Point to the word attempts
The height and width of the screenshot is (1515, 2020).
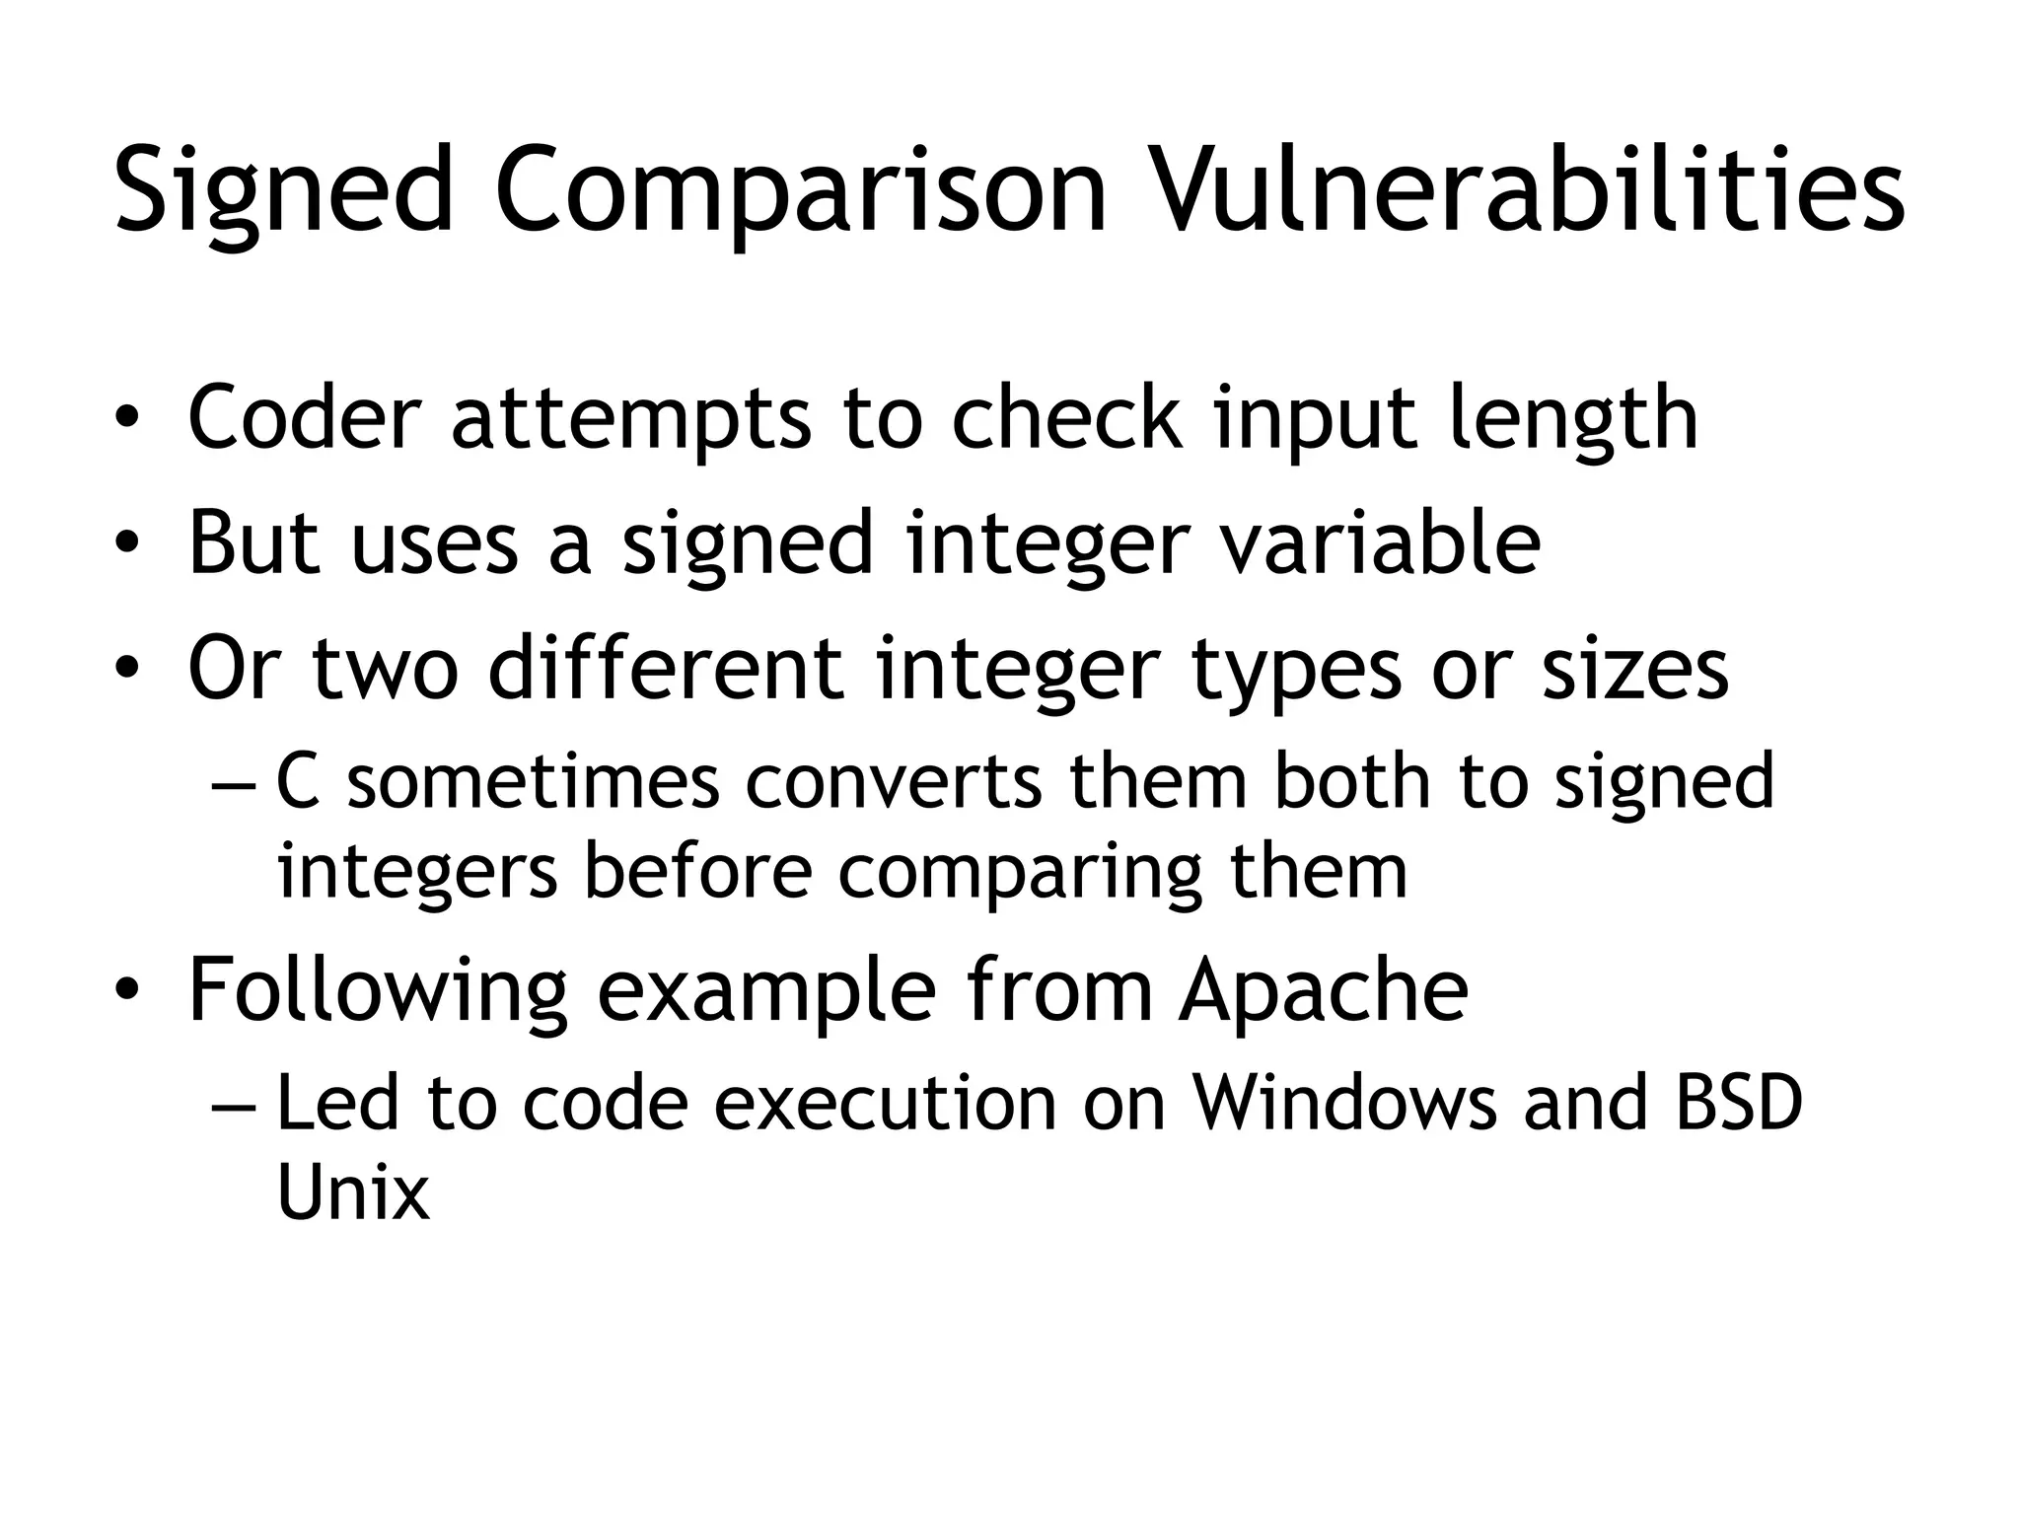[x=632, y=419]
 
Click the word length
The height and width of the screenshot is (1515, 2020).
[x=1573, y=419]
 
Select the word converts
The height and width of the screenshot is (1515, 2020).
[x=894, y=782]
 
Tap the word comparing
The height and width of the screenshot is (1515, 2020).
[x=1021, y=873]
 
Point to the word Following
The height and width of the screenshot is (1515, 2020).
[x=378, y=991]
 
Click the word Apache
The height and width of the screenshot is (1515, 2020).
[x=1324, y=991]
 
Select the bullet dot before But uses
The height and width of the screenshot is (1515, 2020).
[x=125, y=544]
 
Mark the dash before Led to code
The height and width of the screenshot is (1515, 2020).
[x=233, y=1106]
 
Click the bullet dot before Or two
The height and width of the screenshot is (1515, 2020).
[x=125, y=670]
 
